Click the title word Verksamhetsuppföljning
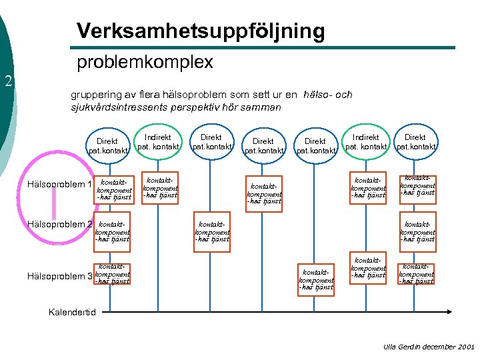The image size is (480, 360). click(x=201, y=31)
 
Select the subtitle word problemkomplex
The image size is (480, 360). click(x=145, y=63)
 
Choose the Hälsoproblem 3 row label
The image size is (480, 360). click(x=59, y=276)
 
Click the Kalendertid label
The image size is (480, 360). click(x=73, y=312)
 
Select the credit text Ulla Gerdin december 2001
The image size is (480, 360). click(x=429, y=347)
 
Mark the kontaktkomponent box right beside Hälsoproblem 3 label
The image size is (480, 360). click(x=112, y=274)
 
